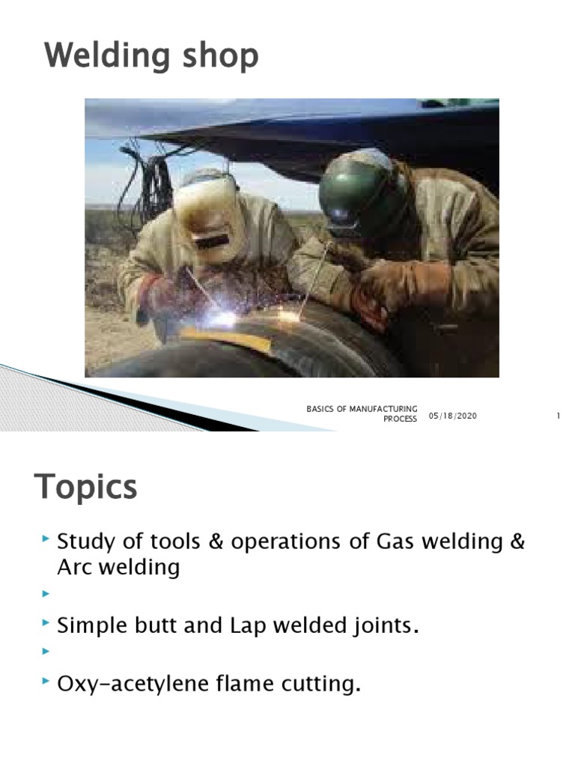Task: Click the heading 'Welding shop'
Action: click(x=152, y=57)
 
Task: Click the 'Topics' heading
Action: click(x=86, y=488)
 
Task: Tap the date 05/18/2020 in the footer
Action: click(x=453, y=416)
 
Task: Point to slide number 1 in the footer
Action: click(x=559, y=416)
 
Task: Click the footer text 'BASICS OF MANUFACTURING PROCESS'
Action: click(x=362, y=413)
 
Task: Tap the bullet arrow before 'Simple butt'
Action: click(x=47, y=623)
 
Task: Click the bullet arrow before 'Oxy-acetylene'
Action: click(x=47, y=681)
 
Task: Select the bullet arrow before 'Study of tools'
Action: click(x=47, y=539)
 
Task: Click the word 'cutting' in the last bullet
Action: click(x=320, y=683)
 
